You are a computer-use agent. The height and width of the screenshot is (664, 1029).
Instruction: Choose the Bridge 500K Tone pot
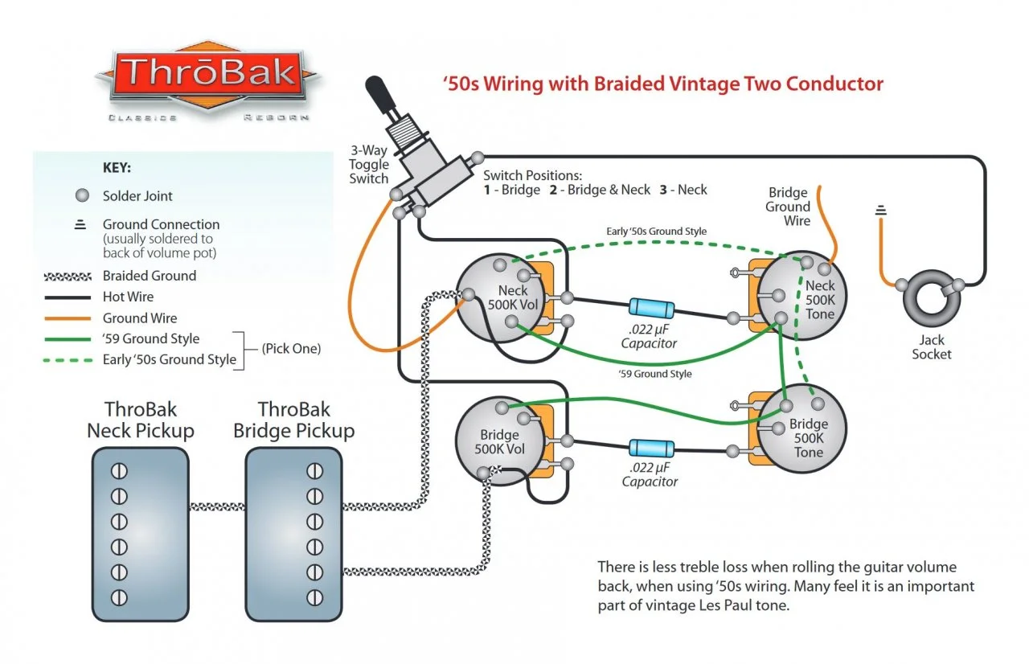[801, 434]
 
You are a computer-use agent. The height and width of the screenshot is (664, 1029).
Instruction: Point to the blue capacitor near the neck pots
[652, 307]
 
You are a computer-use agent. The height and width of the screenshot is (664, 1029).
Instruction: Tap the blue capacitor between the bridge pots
[650, 449]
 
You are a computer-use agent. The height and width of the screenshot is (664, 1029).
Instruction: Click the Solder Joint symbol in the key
[80, 196]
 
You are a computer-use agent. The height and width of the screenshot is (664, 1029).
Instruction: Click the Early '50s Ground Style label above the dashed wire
[656, 232]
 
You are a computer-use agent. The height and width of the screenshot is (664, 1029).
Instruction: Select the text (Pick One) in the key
[291, 349]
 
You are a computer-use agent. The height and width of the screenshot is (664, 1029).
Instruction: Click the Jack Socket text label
[931, 346]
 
